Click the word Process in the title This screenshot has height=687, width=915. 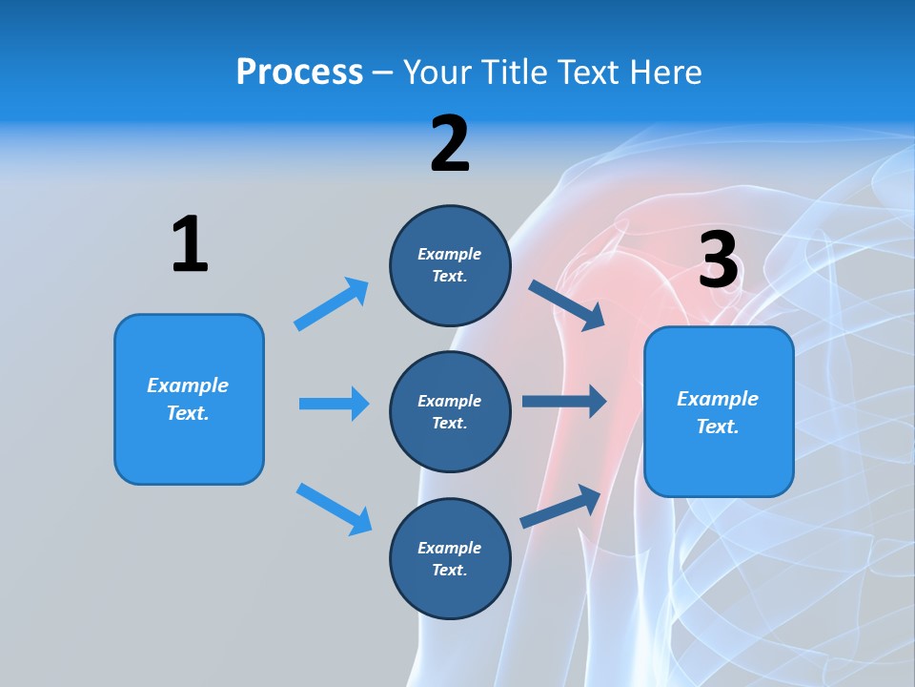pos(299,73)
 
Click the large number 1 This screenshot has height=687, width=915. pos(190,244)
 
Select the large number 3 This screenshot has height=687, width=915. pos(718,260)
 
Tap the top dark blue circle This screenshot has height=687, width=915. pos(450,265)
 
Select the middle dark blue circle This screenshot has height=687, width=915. pos(450,411)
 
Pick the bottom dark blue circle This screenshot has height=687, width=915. pos(450,558)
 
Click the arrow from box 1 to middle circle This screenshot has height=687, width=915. pos(334,404)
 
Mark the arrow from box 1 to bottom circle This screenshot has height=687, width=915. pos(334,509)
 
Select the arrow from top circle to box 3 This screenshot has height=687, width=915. pos(567,305)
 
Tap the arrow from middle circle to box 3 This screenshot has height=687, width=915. pos(564,402)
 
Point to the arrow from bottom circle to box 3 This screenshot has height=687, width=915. pos(561,507)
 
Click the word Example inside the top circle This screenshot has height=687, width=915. pos(450,254)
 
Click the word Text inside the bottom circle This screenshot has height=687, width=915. pos(449,570)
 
